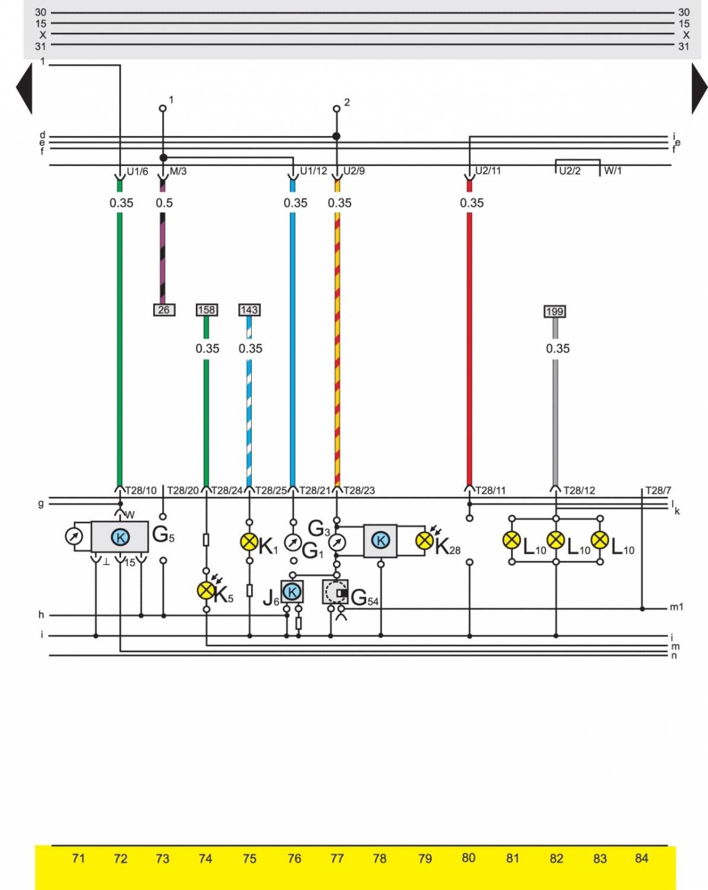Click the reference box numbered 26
pos(164,310)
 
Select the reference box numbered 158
pos(207,310)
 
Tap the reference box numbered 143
pos(249,310)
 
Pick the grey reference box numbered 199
pos(554,311)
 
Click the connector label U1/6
pos(137,171)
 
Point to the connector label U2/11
pos(488,171)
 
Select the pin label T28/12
pos(579,491)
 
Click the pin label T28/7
pos(658,491)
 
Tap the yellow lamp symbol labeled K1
pos(249,542)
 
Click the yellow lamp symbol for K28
pos(424,540)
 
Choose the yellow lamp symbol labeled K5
pos(206,590)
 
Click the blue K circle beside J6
pos(292,592)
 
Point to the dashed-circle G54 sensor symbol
pos(336,592)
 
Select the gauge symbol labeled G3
pos(336,542)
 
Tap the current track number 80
pos(468,858)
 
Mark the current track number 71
pos(78,859)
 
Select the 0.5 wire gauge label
pos(164,203)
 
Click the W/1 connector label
pos(613,171)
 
